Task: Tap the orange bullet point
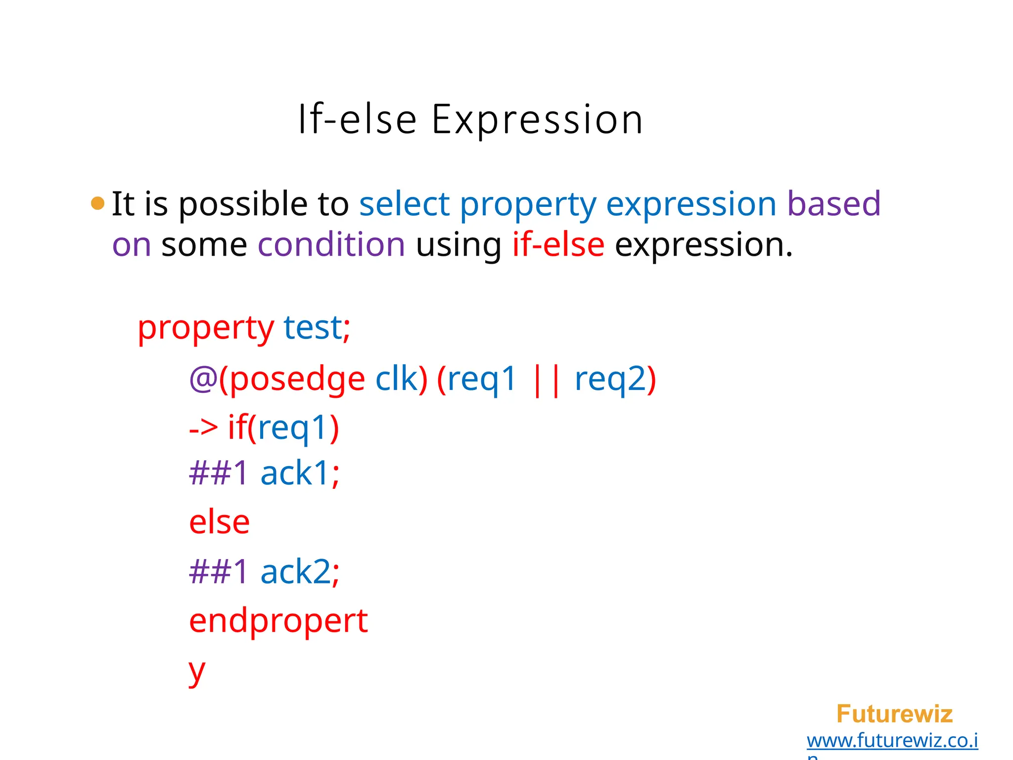(x=98, y=203)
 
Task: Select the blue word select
(x=404, y=204)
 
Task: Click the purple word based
(x=833, y=204)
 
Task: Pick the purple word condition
(x=331, y=244)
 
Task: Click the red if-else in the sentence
(x=558, y=244)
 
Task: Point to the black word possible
(x=242, y=205)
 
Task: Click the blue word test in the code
(x=312, y=328)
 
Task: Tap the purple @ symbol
(x=203, y=380)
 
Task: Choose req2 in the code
(x=610, y=380)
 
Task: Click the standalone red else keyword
(x=219, y=522)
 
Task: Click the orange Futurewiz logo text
(x=894, y=714)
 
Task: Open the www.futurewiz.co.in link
(x=892, y=741)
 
